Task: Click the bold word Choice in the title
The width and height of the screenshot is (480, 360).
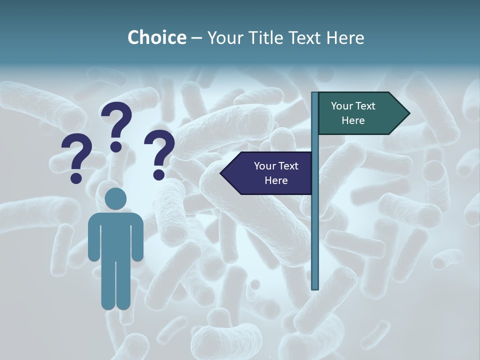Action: tap(156, 37)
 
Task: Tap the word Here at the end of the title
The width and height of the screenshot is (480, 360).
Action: tap(345, 37)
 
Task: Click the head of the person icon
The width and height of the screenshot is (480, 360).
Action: tap(115, 199)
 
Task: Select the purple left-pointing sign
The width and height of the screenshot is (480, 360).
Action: tap(270, 173)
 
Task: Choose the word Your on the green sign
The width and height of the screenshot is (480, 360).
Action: tap(342, 106)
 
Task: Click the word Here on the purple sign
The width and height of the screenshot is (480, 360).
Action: tap(276, 180)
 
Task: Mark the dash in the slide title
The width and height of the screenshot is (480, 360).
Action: tap(196, 38)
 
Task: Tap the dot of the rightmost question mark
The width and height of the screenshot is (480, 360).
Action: tap(159, 175)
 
